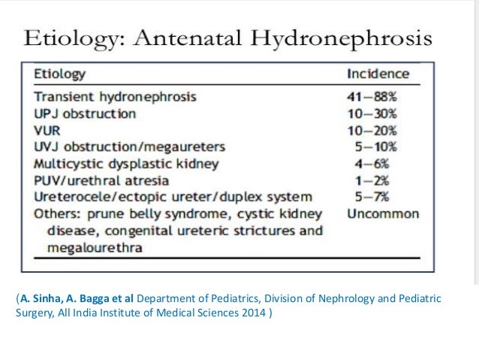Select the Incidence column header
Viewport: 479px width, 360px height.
378,74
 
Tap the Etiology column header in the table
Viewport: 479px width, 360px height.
59,74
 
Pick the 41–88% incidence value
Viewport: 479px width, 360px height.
372,97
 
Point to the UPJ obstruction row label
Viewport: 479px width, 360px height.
86,113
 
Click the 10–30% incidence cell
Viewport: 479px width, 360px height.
372,113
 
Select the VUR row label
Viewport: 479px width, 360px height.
48,130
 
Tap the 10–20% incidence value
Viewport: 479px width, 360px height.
372,130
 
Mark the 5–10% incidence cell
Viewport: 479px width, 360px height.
375,147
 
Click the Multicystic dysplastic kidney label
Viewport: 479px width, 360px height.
127,164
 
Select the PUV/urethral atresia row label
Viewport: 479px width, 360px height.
101,180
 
